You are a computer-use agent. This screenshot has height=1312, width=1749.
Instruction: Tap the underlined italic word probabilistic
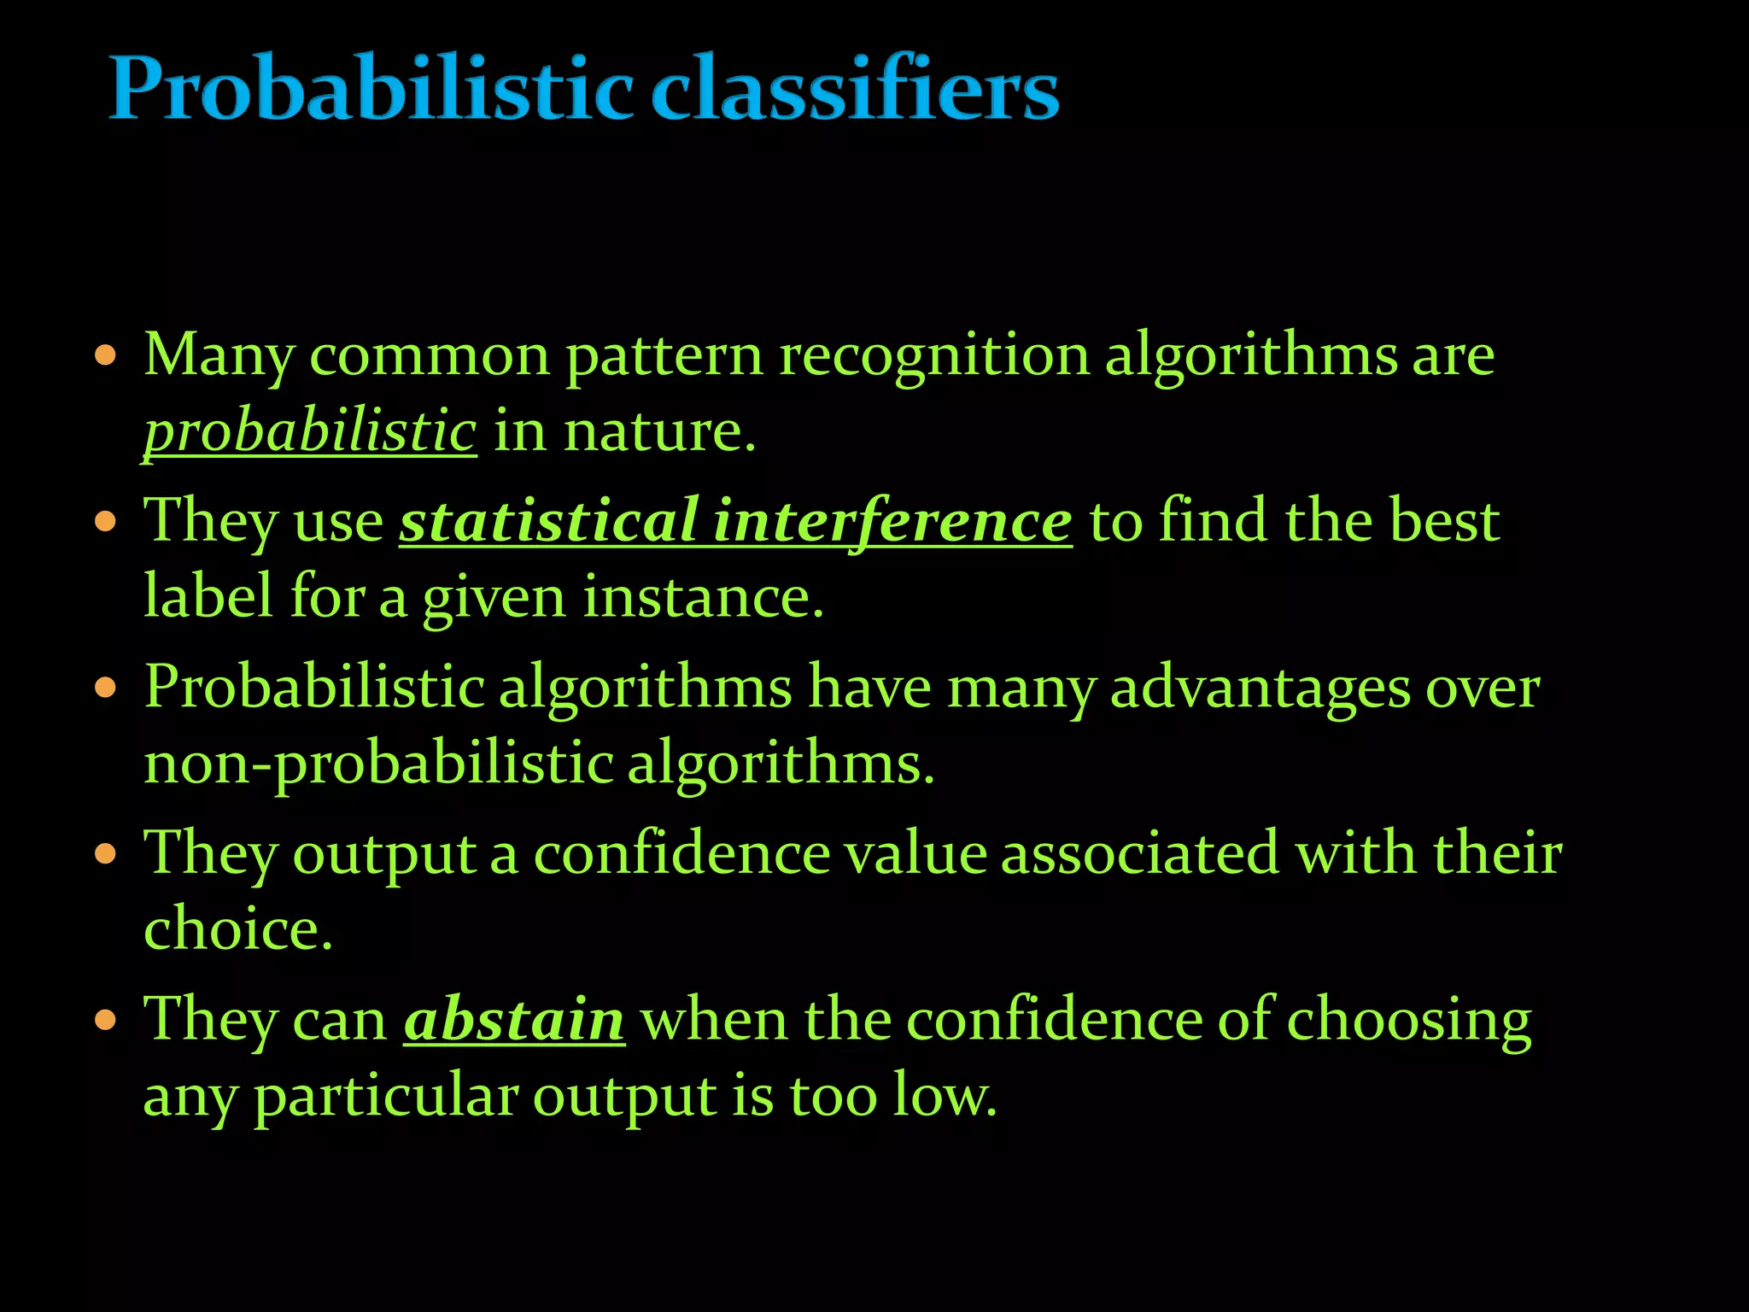coord(309,431)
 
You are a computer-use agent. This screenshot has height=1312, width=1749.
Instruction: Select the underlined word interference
coord(892,521)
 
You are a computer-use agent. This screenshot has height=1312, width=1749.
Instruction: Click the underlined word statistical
coord(549,521)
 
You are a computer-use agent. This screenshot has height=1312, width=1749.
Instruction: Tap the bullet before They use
coord(105,522)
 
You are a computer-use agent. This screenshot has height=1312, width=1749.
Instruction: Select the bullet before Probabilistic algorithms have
coord(105,688)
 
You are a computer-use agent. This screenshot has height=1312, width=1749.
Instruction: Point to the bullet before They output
coord(105,854)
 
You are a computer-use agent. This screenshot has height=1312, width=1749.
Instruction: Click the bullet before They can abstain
coord(105,1020)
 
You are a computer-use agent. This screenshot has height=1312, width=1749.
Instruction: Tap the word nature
coord(658,431)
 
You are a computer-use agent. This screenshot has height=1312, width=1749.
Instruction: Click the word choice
coord(237,929)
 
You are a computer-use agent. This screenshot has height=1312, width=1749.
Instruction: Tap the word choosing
coord(1408,1022)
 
